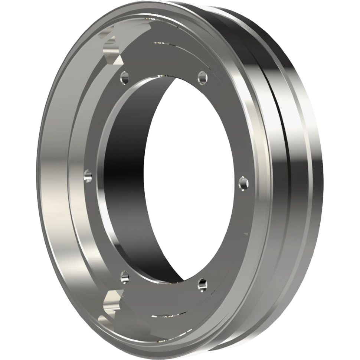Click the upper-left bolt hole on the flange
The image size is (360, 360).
point(124,78)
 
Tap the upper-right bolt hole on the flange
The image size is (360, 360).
point(203,78)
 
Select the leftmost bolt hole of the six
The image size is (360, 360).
point(88,175)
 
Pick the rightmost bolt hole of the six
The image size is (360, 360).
point(243,183)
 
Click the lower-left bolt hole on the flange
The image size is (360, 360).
point(124,276)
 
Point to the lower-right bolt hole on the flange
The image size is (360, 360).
point(203,284)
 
